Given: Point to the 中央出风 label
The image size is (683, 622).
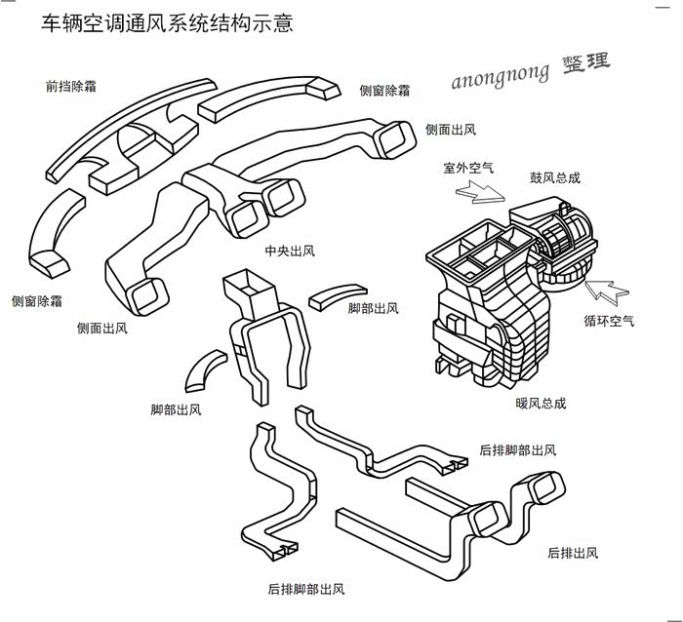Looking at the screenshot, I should pyautogui.click(x=290, y=251).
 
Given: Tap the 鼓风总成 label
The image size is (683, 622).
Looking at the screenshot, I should pyautogui.click(x=555, y=177).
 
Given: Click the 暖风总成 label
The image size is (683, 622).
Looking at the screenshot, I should pyautogui.click(x=541, y=403).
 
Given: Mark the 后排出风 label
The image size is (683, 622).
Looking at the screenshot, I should pyautogui.click(x=573, y=553).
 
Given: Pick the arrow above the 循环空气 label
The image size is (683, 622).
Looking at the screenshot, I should pyautogui.click(x=609, y=289).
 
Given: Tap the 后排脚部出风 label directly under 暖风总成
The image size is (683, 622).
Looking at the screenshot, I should pyautogui.click(x=518, y=450).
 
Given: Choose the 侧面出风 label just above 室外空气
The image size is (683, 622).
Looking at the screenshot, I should pyautogui.click(x=451, y=129).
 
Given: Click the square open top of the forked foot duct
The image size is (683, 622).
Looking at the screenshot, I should pyautogui.click(x=250, y=284).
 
